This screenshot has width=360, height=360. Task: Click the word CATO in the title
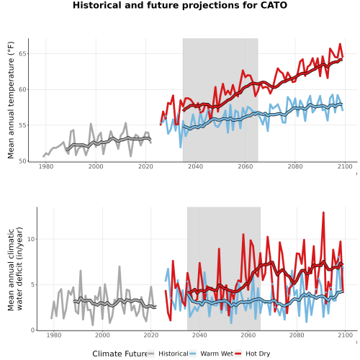click(x=274, y=5)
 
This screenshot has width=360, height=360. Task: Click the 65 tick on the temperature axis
click(x=22, y=53)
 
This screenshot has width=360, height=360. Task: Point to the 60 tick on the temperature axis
click(x=22, y=89)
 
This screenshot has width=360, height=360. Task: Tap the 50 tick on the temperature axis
click(x=22, y=161)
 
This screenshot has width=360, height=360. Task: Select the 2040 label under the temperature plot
click(x=195, y=166)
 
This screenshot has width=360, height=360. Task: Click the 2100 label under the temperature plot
click(x=345, y=166)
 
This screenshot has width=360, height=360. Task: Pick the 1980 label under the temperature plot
click(x=46, y=166)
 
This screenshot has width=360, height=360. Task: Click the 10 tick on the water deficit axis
click(x=31, y=239)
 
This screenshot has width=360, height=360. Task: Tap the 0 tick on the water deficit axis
click(x=32, y=330)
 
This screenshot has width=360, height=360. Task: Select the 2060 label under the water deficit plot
click(x=248, y=335)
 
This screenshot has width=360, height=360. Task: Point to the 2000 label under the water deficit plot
click(x=102, y=335)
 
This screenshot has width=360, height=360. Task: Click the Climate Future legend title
click(x=120, y=354)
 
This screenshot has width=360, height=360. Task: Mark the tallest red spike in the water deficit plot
click(x=323, y=212)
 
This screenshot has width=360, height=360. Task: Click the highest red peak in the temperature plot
click(x=340, y=44)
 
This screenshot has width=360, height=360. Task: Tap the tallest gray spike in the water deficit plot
click(x=120, y=266)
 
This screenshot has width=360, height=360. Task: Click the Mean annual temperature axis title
click(x=11, y=100)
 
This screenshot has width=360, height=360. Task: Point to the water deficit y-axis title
click(x=15, y=269)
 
